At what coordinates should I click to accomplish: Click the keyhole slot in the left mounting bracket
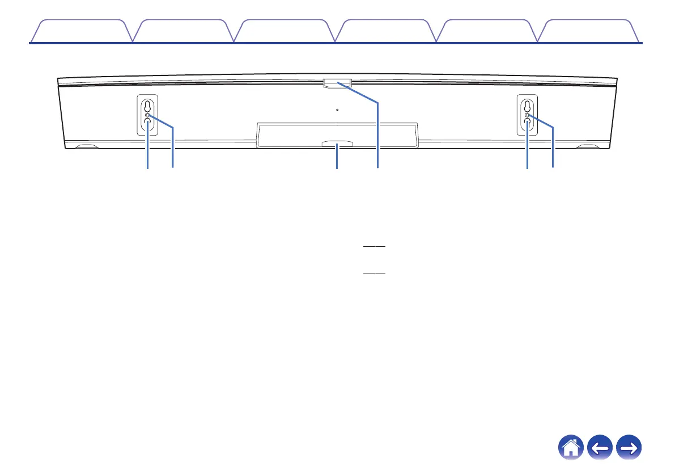point(147,107)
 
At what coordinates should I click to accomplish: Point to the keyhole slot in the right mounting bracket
point(527,107)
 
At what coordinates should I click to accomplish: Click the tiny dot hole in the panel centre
point(337,110)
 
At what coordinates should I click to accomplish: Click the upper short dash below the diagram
point(374,247)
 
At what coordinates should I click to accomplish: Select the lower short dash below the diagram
point(374,273)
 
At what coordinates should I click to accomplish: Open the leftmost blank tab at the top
point(80,32)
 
